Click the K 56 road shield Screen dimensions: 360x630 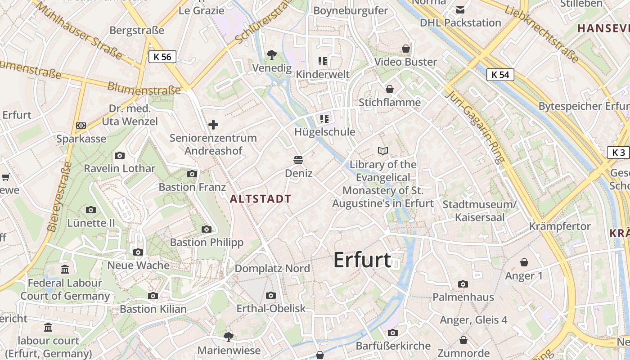pyautogui.click(x=162, y=57)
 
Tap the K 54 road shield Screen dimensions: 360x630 pyautogui.click(x=500, y=75)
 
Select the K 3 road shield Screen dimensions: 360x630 pyautogui.click(x=619, y=153)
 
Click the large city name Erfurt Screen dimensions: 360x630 pyautogui.click(x=362, y=260)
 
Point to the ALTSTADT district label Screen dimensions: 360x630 pyautogui.click(x=261, y=198)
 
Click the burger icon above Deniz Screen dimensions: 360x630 pyautogui.click(x=298, y=160)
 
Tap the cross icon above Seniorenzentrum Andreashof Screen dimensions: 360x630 pyautogui.click(x=213, y=125)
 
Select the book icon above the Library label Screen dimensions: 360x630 pyautogui.click(x=383, y=151)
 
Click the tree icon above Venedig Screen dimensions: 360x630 pyautogui.click(x=271, y=55)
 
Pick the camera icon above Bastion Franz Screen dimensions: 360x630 pyautogui.click(x=192, y=174)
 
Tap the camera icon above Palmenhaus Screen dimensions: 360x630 pyautogui.click(x=463, y=284)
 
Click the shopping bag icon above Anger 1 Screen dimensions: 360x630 pyautogui.click(x=524, y=262)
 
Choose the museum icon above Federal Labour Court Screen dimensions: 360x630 pyautogui.click(x=65, y=270)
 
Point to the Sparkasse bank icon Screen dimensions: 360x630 pyautogui.click(x=81, y=126)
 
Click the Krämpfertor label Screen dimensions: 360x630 pyautogui.click(x=560, y=226)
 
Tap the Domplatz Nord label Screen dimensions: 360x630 pyautogui.click(x=272, y=269)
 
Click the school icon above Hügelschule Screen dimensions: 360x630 pyautogui.click(x=324, y=119)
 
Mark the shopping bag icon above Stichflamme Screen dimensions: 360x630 pyautogui.click(x=390, y=89)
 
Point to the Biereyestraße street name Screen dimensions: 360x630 pyautogui.click(x=60, y=197)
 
